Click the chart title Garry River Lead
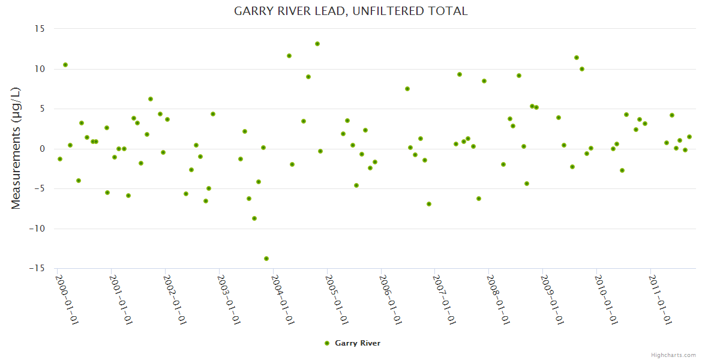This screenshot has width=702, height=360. [350, 11]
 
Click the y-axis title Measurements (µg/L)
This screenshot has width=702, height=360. [16, 148]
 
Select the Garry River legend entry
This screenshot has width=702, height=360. [352, 343]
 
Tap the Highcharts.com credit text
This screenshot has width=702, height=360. [673, 355]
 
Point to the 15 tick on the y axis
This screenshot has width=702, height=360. [40, 29]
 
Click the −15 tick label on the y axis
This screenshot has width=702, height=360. [38, 268]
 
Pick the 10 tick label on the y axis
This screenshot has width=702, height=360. [40, 69]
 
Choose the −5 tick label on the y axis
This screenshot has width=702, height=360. [38, 188]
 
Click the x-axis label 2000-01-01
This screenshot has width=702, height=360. [67, 299]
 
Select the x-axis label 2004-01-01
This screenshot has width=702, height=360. [283, 299]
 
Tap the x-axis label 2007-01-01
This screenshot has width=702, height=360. [445, 299]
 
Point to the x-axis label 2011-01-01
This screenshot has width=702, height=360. [661, 299]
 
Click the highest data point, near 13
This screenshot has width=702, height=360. [317, 44]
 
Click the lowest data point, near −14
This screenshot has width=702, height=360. [266, 259]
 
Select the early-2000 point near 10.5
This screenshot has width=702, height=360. [65, 65]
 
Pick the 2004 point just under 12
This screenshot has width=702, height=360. [289, 56]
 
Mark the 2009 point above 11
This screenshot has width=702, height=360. [577, 58]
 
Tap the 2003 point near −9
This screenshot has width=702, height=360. [254, 218]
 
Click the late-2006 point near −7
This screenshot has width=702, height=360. [429, 204]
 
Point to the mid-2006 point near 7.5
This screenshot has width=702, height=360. [407, 89]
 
